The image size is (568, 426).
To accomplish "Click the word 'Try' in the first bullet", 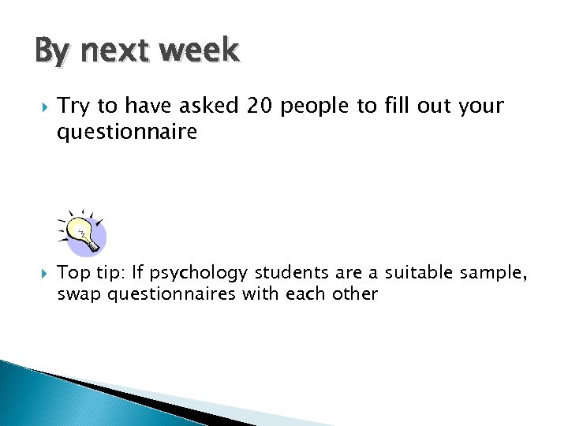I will (73, 106).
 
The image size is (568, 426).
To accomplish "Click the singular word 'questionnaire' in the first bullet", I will (126, 133).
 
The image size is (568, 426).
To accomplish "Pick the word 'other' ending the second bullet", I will (357, 294).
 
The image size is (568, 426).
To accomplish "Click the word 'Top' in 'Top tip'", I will (73, 275).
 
